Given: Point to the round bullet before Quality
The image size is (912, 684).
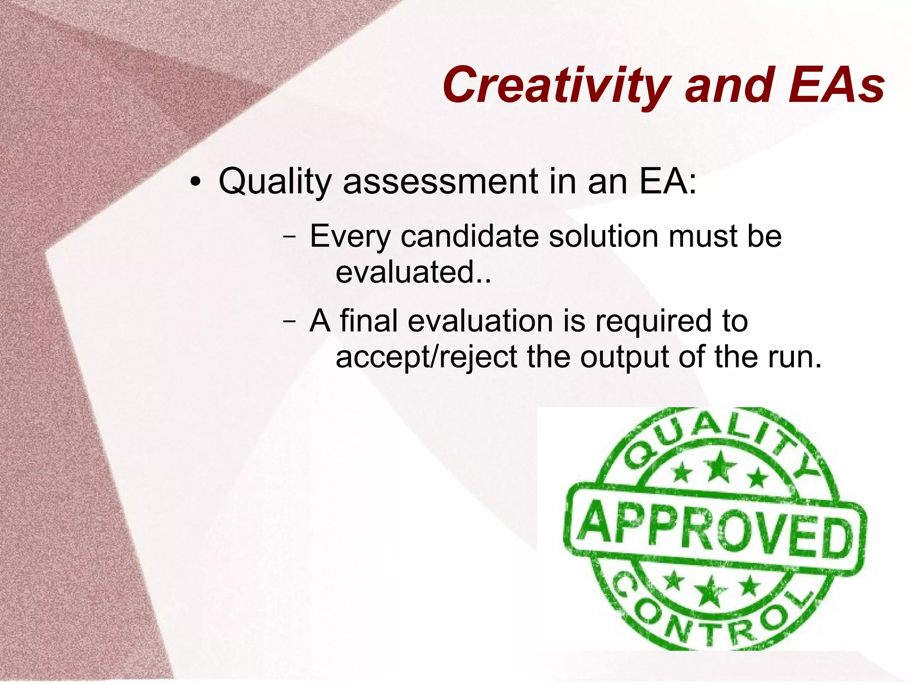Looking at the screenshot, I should pos(195,183).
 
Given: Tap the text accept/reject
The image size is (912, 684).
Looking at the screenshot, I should pos(426,357).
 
